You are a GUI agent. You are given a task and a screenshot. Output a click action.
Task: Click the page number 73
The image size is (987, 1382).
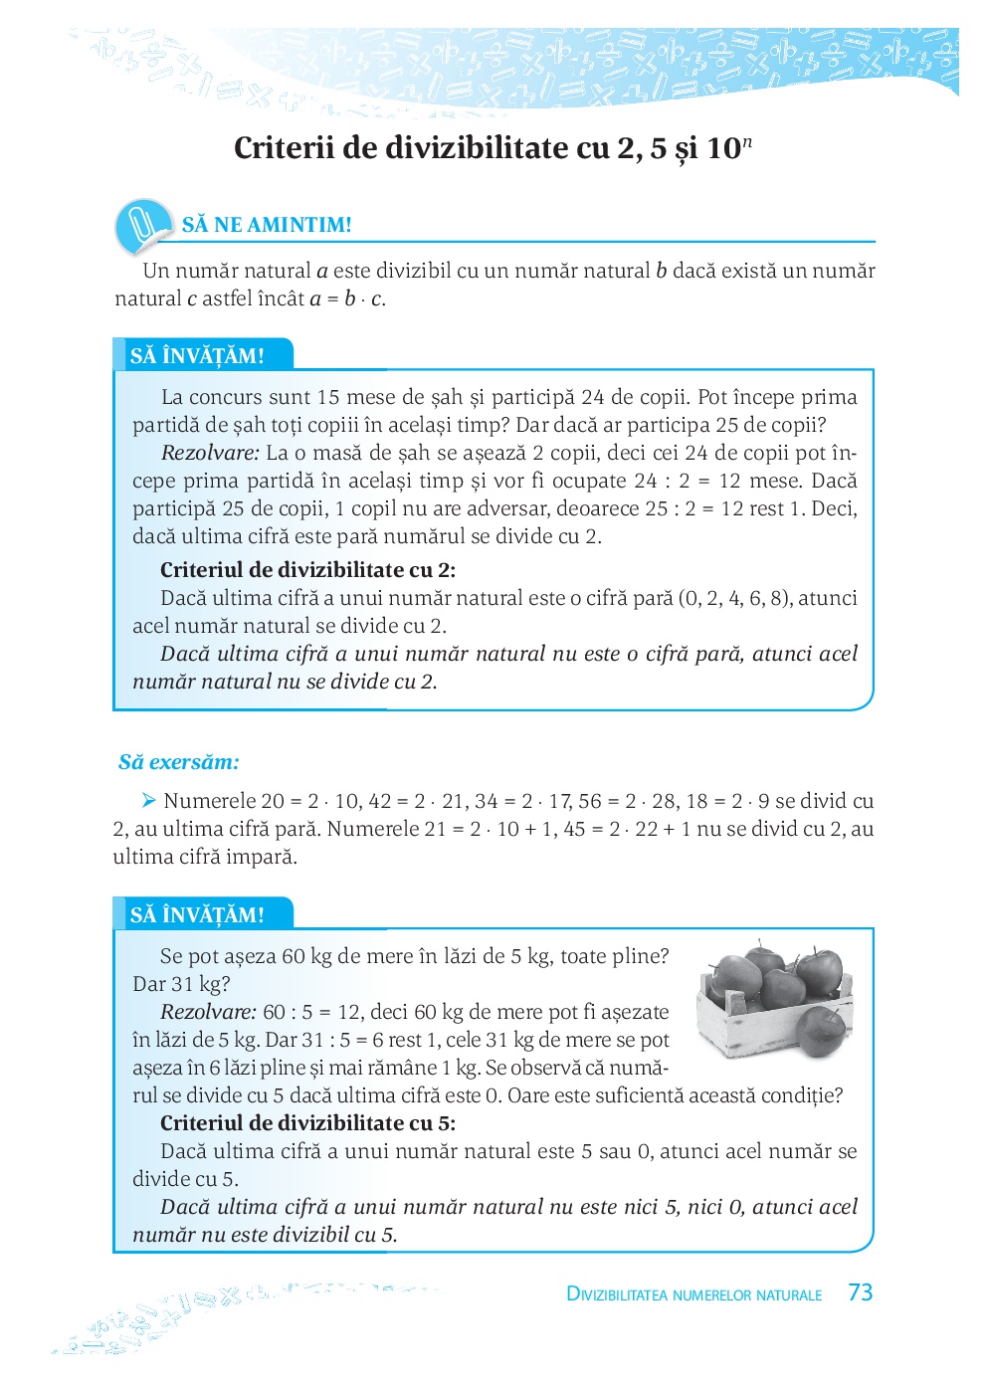coord(861,1292)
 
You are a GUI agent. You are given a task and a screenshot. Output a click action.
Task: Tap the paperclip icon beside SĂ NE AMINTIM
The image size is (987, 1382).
coord(143,225)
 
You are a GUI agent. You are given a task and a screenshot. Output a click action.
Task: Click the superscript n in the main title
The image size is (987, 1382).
coord(747,141)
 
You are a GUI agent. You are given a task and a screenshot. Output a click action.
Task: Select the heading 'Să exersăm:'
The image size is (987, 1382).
coord(179,762)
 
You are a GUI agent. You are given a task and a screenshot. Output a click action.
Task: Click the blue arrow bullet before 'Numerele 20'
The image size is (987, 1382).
coord(149,800)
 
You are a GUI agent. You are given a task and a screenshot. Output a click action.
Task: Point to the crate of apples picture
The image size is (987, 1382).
coord(774,999)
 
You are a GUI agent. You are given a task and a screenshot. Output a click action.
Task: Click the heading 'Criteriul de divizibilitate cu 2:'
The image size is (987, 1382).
coord(307,570)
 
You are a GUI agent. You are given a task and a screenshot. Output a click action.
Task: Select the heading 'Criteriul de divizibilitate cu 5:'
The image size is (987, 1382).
coord(307,1123)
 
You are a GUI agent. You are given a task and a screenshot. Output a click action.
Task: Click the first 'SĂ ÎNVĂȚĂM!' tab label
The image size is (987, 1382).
coord(197,356)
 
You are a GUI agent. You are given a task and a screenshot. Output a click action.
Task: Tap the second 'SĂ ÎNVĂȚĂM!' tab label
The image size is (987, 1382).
coord(197,915)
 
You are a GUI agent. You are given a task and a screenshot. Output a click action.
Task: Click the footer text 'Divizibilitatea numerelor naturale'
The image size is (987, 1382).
coord(693,1294)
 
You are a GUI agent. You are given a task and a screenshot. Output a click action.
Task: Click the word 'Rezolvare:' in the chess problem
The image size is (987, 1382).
coord(210,453)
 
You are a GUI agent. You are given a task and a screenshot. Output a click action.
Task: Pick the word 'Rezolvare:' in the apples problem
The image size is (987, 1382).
coord(209,1012)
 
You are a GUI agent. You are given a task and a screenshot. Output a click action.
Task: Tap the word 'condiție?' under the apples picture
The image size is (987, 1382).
coord(803,1095)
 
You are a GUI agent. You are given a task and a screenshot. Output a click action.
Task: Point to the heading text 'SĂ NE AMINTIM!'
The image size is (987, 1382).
coord(267,225)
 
